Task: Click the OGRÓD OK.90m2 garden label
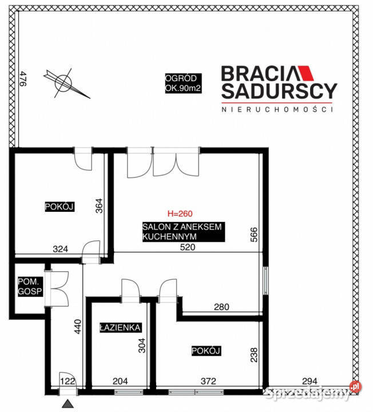[183, 84]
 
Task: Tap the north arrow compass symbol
[65, 83]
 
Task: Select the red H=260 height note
[180, 213]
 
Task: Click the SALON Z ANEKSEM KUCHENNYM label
[183, 232]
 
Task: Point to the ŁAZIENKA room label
[120, 327]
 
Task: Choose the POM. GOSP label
[30, 287]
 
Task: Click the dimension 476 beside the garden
[23, 78]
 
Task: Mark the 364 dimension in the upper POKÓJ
[99, 205]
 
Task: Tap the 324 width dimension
[61, 249]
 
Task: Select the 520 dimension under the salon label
[188, 247]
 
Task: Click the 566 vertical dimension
[254, 235]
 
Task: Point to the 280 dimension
[221, 307]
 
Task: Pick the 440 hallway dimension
[78, 326]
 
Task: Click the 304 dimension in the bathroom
[141, 345]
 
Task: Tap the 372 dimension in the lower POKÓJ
[208, 381]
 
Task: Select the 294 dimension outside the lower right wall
[309, 381]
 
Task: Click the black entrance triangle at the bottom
[68, 403]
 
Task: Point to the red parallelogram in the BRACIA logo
[307, 73]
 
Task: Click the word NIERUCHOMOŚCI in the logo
[277, 109]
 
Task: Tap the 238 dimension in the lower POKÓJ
[254, 355]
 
